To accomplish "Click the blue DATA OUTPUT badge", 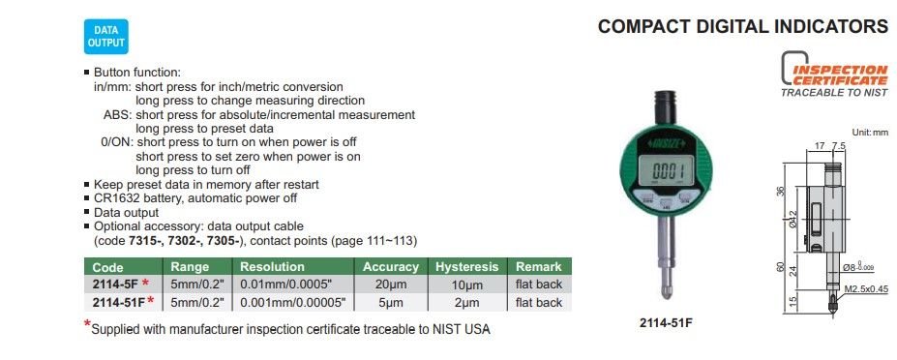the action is pyautogui.click(x=105, y=37).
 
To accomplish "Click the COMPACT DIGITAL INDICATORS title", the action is pyautogui.click(x=742, y=26).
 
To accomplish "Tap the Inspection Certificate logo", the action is pyautogui.click(x=834, y=75).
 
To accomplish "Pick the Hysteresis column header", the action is pyautogui.click(x=466, y=267).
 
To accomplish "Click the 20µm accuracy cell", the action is pyautogui.click(x=391, y=285).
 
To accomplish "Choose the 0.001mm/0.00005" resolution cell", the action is pyautogui.click(x=293, y=303).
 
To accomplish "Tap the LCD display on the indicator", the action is pyautogui.click(x=666, y=170).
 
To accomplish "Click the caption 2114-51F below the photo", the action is pyautogui.click(x=666, y=323).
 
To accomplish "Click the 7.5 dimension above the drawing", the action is pyautogui.click(x=839, y=146).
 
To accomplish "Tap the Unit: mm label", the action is pyautogui.click(x=870, y=133).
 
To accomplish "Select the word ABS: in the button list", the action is pyautogui.click(x=115, y=114).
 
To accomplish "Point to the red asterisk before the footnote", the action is pyautogui.click(x=87, y=325).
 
